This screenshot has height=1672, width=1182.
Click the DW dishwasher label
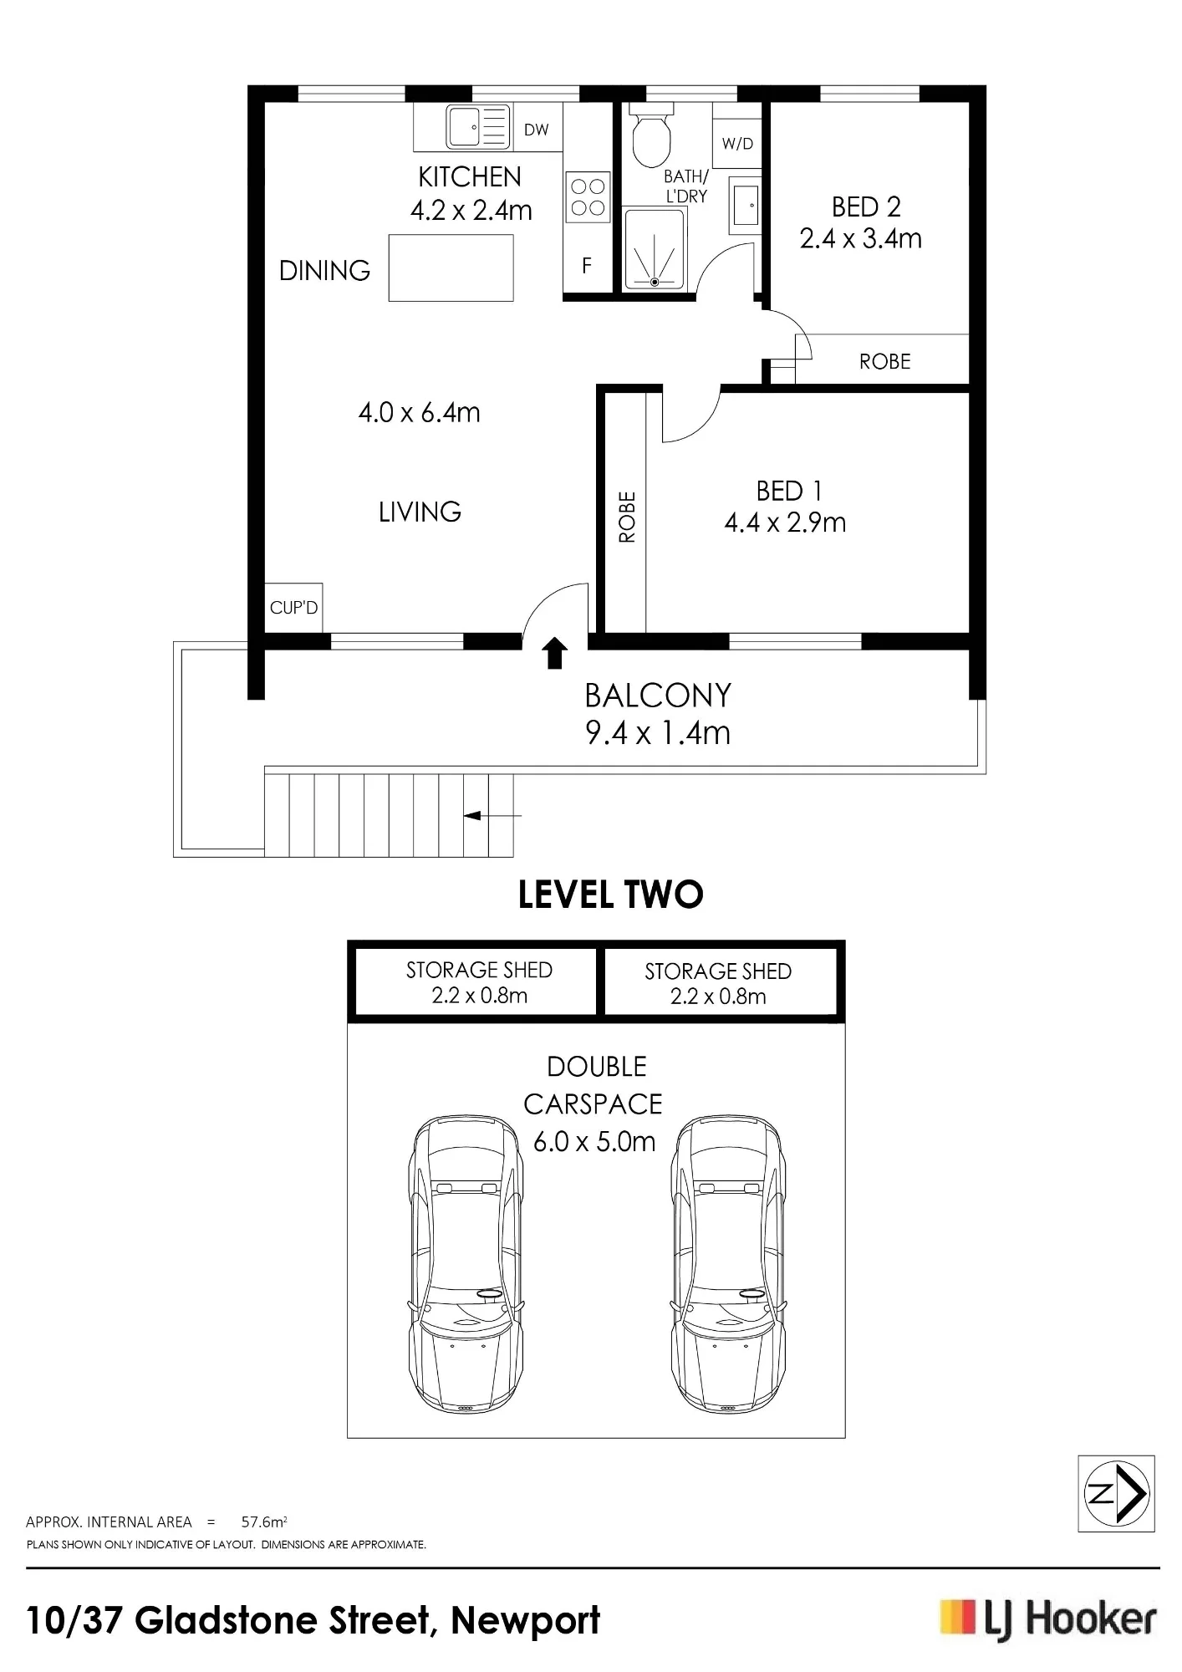(x=537, y=130)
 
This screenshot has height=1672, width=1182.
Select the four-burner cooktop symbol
(x=588, y=197)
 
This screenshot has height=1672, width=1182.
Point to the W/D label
(x=737, y=144)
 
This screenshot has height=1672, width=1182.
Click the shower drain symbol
(x=655, y=282)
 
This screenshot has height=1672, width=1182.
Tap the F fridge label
(x=587, y=266)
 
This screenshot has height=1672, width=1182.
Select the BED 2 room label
(x=866, y=206)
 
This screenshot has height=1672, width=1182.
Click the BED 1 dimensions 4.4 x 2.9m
(x=785, y=522)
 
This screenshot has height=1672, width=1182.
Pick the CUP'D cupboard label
(x=294, y=608)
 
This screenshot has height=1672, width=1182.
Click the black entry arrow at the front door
(x=553, y=654)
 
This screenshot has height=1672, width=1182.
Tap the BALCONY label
(x=658, y=696)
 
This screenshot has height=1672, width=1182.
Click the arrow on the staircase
(x=492, y=815)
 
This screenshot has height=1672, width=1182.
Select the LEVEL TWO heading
(x=611, y=895)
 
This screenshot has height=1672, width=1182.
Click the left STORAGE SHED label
(x=479, y=970)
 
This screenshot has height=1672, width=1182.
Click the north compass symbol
(x=1117, y=1494)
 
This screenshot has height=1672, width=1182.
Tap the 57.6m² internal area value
(x=264, y=1522)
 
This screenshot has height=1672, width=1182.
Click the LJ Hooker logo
(x=1048, y=1619)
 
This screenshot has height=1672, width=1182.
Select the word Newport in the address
(x=526, y=1620)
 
